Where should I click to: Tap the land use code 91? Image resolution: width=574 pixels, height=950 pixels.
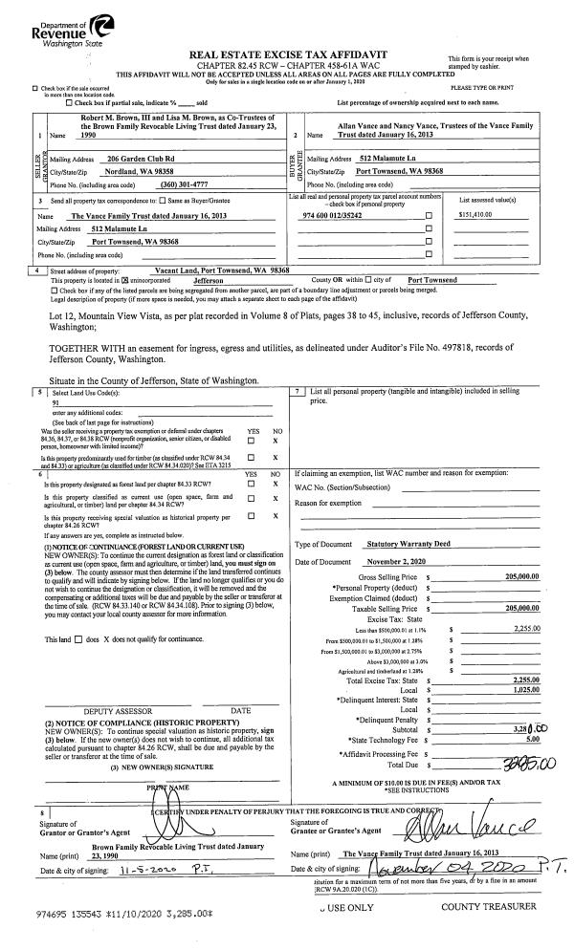click(x=56, y=403)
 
